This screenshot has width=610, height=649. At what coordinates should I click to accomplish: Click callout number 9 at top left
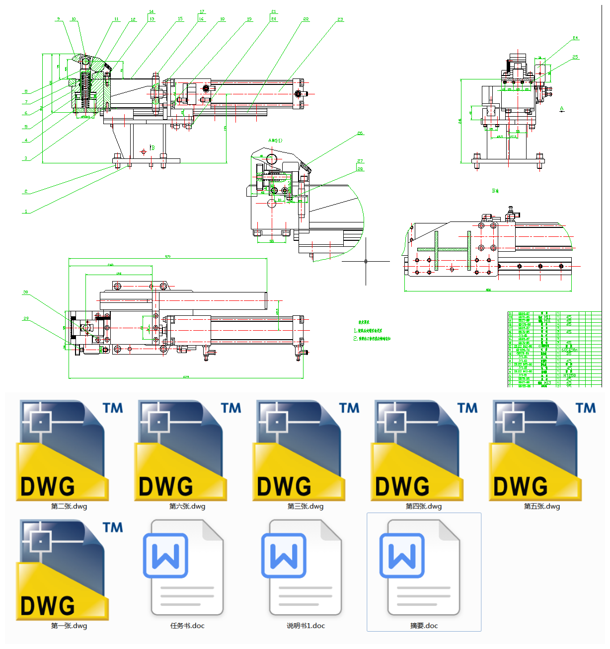[x=58, y=19]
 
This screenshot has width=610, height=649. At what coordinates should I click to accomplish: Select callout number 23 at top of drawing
[x=340, y=19]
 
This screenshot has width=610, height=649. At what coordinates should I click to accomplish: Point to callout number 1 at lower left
[x=26, y=212]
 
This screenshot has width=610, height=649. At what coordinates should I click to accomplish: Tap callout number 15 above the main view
[x=180, y=19]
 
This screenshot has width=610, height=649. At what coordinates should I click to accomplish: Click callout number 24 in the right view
[x=575, y=38]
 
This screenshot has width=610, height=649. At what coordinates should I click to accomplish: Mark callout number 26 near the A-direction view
[x=360, y=133]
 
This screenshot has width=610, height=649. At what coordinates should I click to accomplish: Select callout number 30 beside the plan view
[x=25, y=292]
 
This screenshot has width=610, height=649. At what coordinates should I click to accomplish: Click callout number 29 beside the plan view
[x=26, y=318]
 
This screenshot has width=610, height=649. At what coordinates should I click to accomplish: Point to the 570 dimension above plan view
[x=168, y=256]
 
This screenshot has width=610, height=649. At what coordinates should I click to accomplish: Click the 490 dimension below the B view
[x=488, y=290]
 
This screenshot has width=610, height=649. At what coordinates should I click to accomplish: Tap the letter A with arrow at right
[x=562, y=109]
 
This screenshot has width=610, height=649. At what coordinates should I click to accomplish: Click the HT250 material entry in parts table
[x=569, y=375]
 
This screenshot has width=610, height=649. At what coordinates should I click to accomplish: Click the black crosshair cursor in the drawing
[x=366, y=261]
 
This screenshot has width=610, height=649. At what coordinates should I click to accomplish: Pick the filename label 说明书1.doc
[x=305, y=626]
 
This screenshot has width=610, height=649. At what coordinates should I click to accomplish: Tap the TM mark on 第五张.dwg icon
[x=586, y=408]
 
